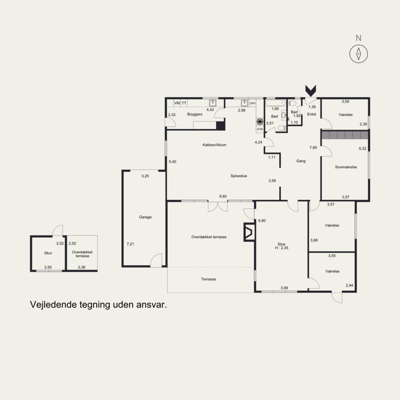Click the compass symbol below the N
(358, 54)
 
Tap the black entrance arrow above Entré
(310, 91)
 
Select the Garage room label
(145, 217)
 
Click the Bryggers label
(194, 114)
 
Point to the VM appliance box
(177, 103)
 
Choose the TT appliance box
(183, 103)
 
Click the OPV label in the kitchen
(252, 103)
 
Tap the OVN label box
(259, 129)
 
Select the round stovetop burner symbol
(259, 121)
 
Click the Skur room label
(48, 253)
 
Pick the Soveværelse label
(346, 167)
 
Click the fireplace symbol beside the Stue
(249, 232)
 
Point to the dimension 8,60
(223, 196)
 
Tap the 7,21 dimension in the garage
(130, 244)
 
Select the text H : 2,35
(281, 248)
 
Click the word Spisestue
(239, 176)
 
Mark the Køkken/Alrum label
(214, 145)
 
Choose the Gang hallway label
(301, 161)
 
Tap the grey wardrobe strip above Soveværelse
(344, 135)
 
